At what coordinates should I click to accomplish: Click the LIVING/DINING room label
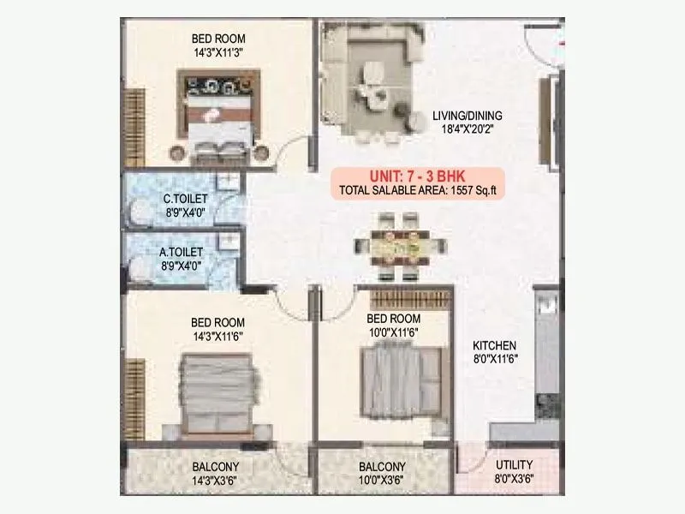pyautogui.click(x=467, y=116)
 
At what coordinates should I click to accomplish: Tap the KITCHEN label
pyautogui.click(x=495, y=345)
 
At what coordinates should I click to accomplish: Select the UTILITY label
pyautogui.click(x=514, y=465)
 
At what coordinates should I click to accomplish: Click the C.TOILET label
pyautogui.click(x=186, y=200)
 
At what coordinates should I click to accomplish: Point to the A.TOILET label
pyautogui.click(x=182, y=253)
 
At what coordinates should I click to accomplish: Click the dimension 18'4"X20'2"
pyautogui.click(x=467, y=129)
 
